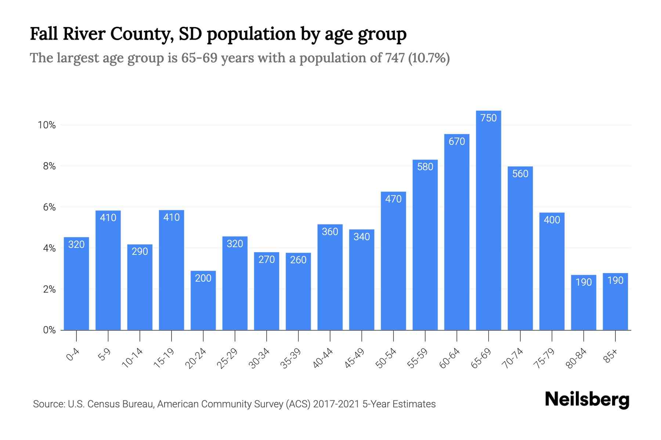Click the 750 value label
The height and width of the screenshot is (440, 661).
coord(488,118)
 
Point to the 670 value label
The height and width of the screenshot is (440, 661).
coord(457,142)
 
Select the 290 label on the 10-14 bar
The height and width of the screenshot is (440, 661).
coord(140,252)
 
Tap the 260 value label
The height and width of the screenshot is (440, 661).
coord(298,260)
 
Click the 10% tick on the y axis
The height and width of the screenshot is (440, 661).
coord(47,125)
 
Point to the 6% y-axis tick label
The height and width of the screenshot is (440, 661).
coord(49,208)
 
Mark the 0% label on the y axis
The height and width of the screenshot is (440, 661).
coord(49,330)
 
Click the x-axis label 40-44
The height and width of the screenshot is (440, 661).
coord(323,358)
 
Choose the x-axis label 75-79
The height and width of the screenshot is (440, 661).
coord(545,358)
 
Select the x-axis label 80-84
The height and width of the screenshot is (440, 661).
coord(576,358)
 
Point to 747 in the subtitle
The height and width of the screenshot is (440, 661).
coord(395,58)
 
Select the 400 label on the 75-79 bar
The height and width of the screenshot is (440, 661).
coord(552,220)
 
